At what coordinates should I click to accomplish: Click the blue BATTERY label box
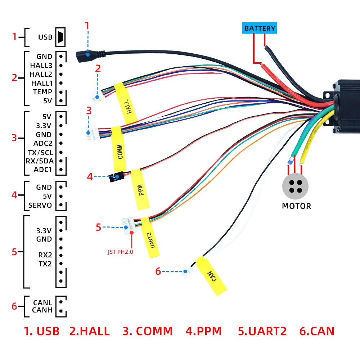pos(260,28)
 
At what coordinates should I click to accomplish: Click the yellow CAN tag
pos(211,276)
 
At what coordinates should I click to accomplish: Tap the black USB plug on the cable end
pos(84,56)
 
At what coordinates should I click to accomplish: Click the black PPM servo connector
pos(116,177)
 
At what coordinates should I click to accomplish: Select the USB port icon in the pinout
pos(60,37)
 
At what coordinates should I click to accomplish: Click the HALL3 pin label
pos(41,66)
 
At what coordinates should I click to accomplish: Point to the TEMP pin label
pos(43,92)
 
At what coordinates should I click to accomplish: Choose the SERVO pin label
pos(40,206)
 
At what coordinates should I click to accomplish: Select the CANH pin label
pos(42,310)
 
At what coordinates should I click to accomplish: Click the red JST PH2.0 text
pos(120,252)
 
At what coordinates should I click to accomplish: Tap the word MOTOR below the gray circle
pos(296,206)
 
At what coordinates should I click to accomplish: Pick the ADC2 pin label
pos(43,144)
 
